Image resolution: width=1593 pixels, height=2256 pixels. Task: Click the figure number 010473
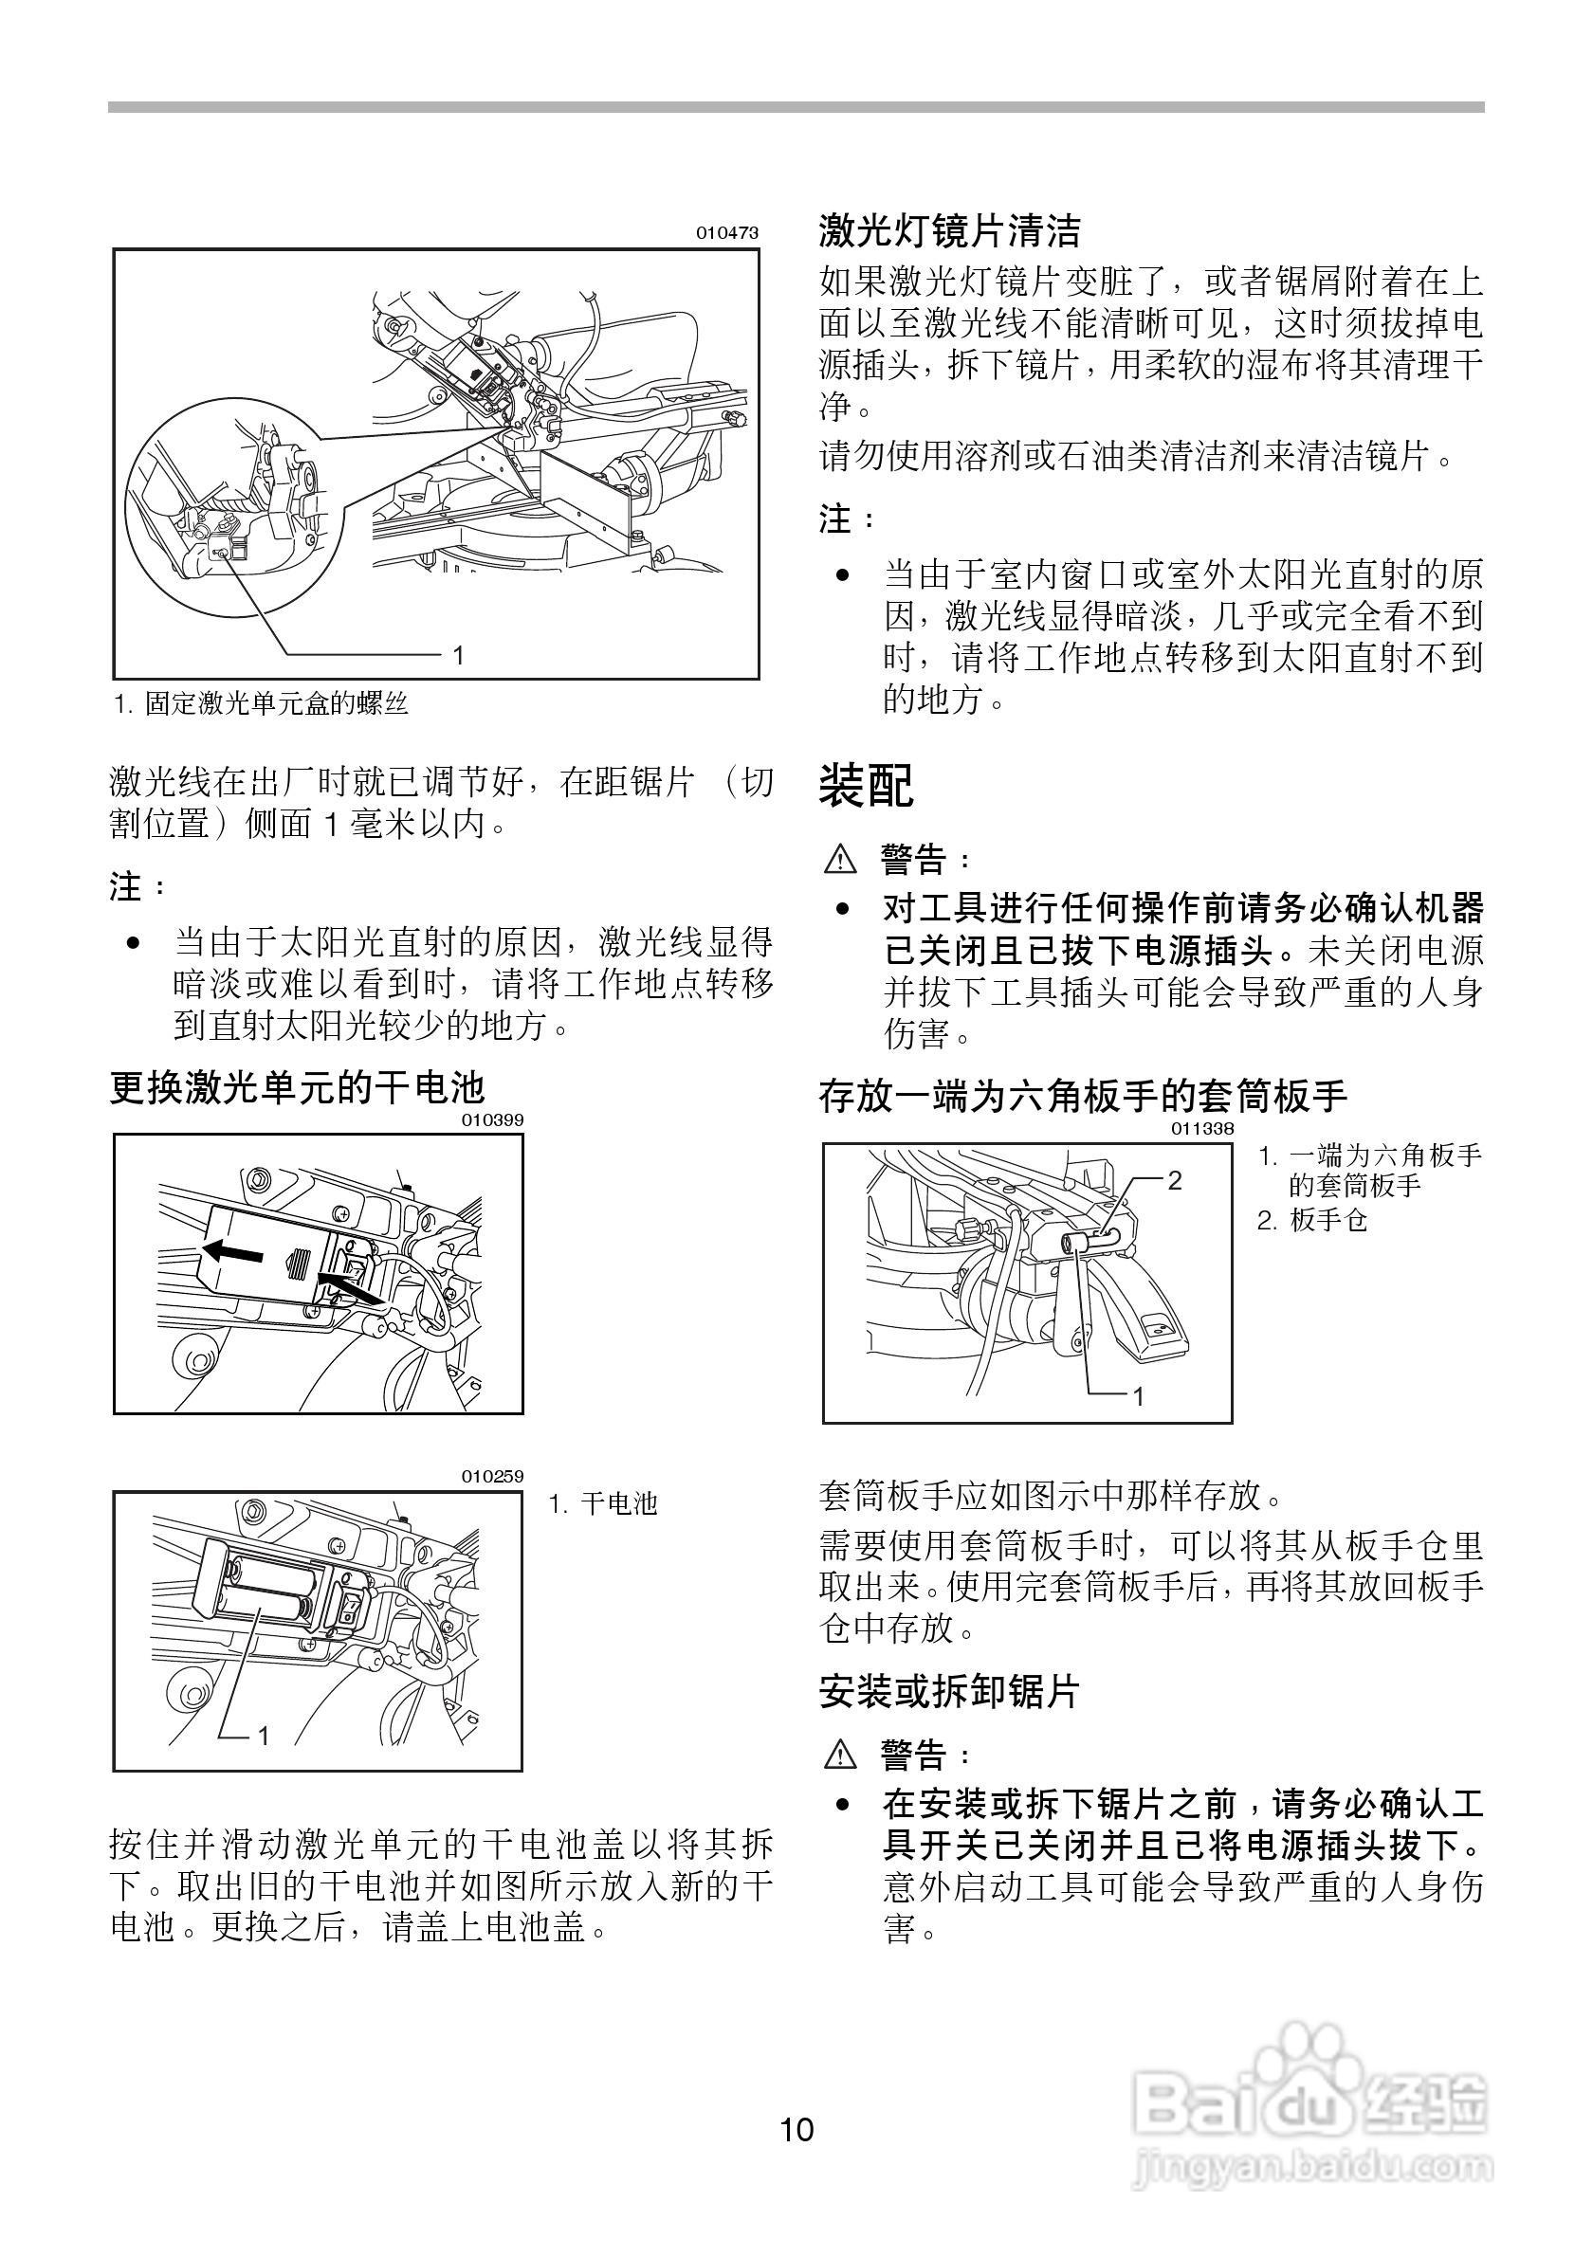pyautogui.click(x=727, y=233)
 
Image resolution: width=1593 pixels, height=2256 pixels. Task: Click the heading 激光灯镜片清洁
pyautogui.click(x=949, y=232)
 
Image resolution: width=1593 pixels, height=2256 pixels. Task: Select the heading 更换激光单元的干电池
pyautogui.click(x=297, y=1088)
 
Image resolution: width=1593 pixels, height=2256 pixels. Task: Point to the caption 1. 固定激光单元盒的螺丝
pyautogui.click(x=261, y=703)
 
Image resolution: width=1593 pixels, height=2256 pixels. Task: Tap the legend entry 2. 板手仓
pyautogui.click(x=1313, y=1220)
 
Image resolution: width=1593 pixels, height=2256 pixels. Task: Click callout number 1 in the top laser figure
pyautogui.click(x=458, y=654)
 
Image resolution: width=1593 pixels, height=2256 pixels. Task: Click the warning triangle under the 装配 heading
pyautogui.click(x=840, y=861)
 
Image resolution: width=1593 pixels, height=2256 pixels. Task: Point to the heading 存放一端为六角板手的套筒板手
pyautogui.click(x=1082, y=1095)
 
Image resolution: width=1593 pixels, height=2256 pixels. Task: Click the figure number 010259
pyautogui.click(x=492, y=1477)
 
